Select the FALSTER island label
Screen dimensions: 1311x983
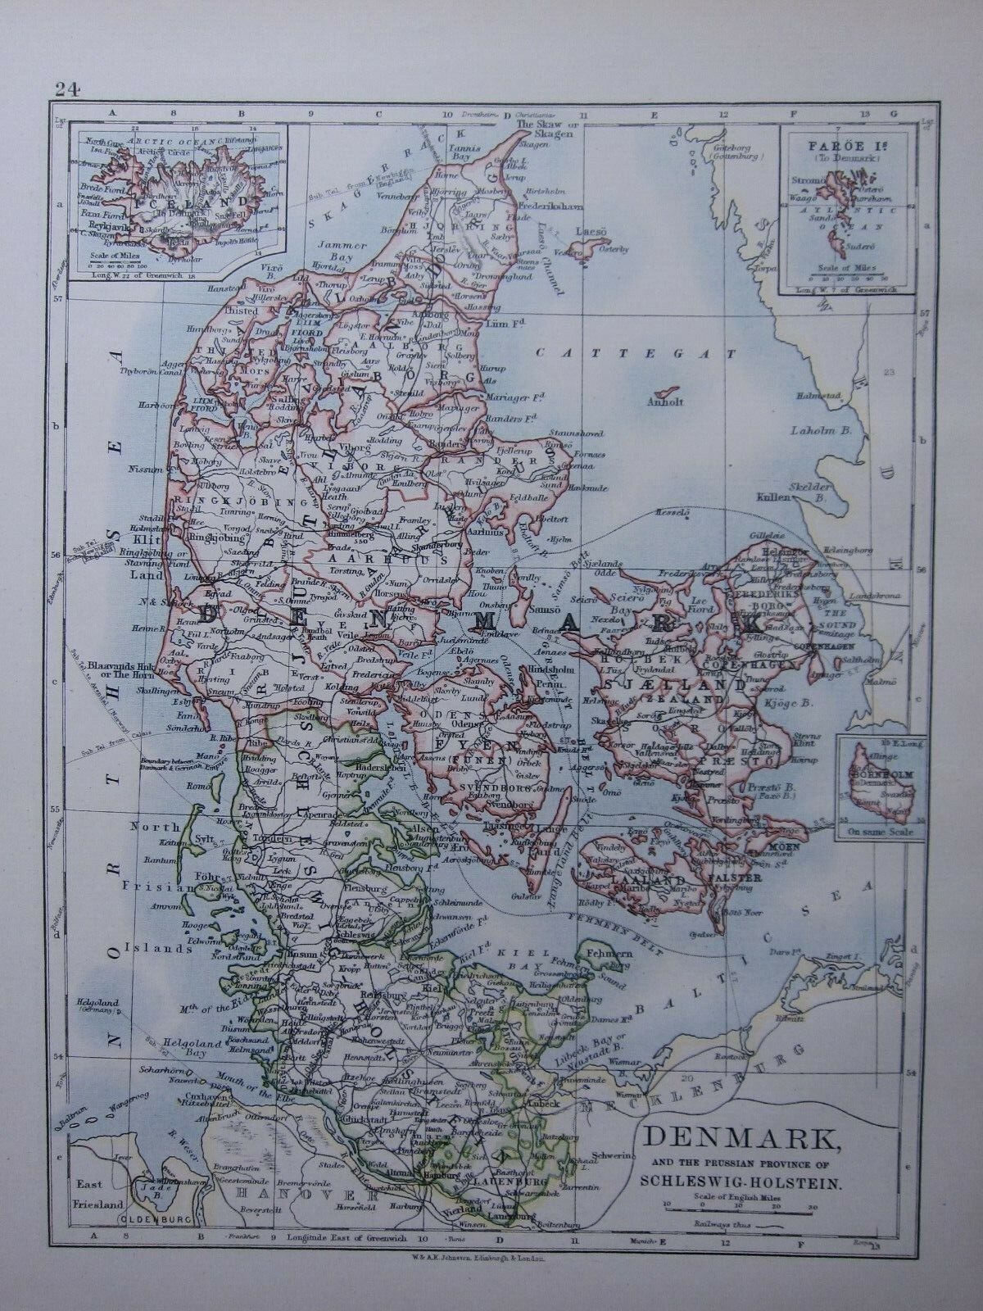click(x=740, y=878)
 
